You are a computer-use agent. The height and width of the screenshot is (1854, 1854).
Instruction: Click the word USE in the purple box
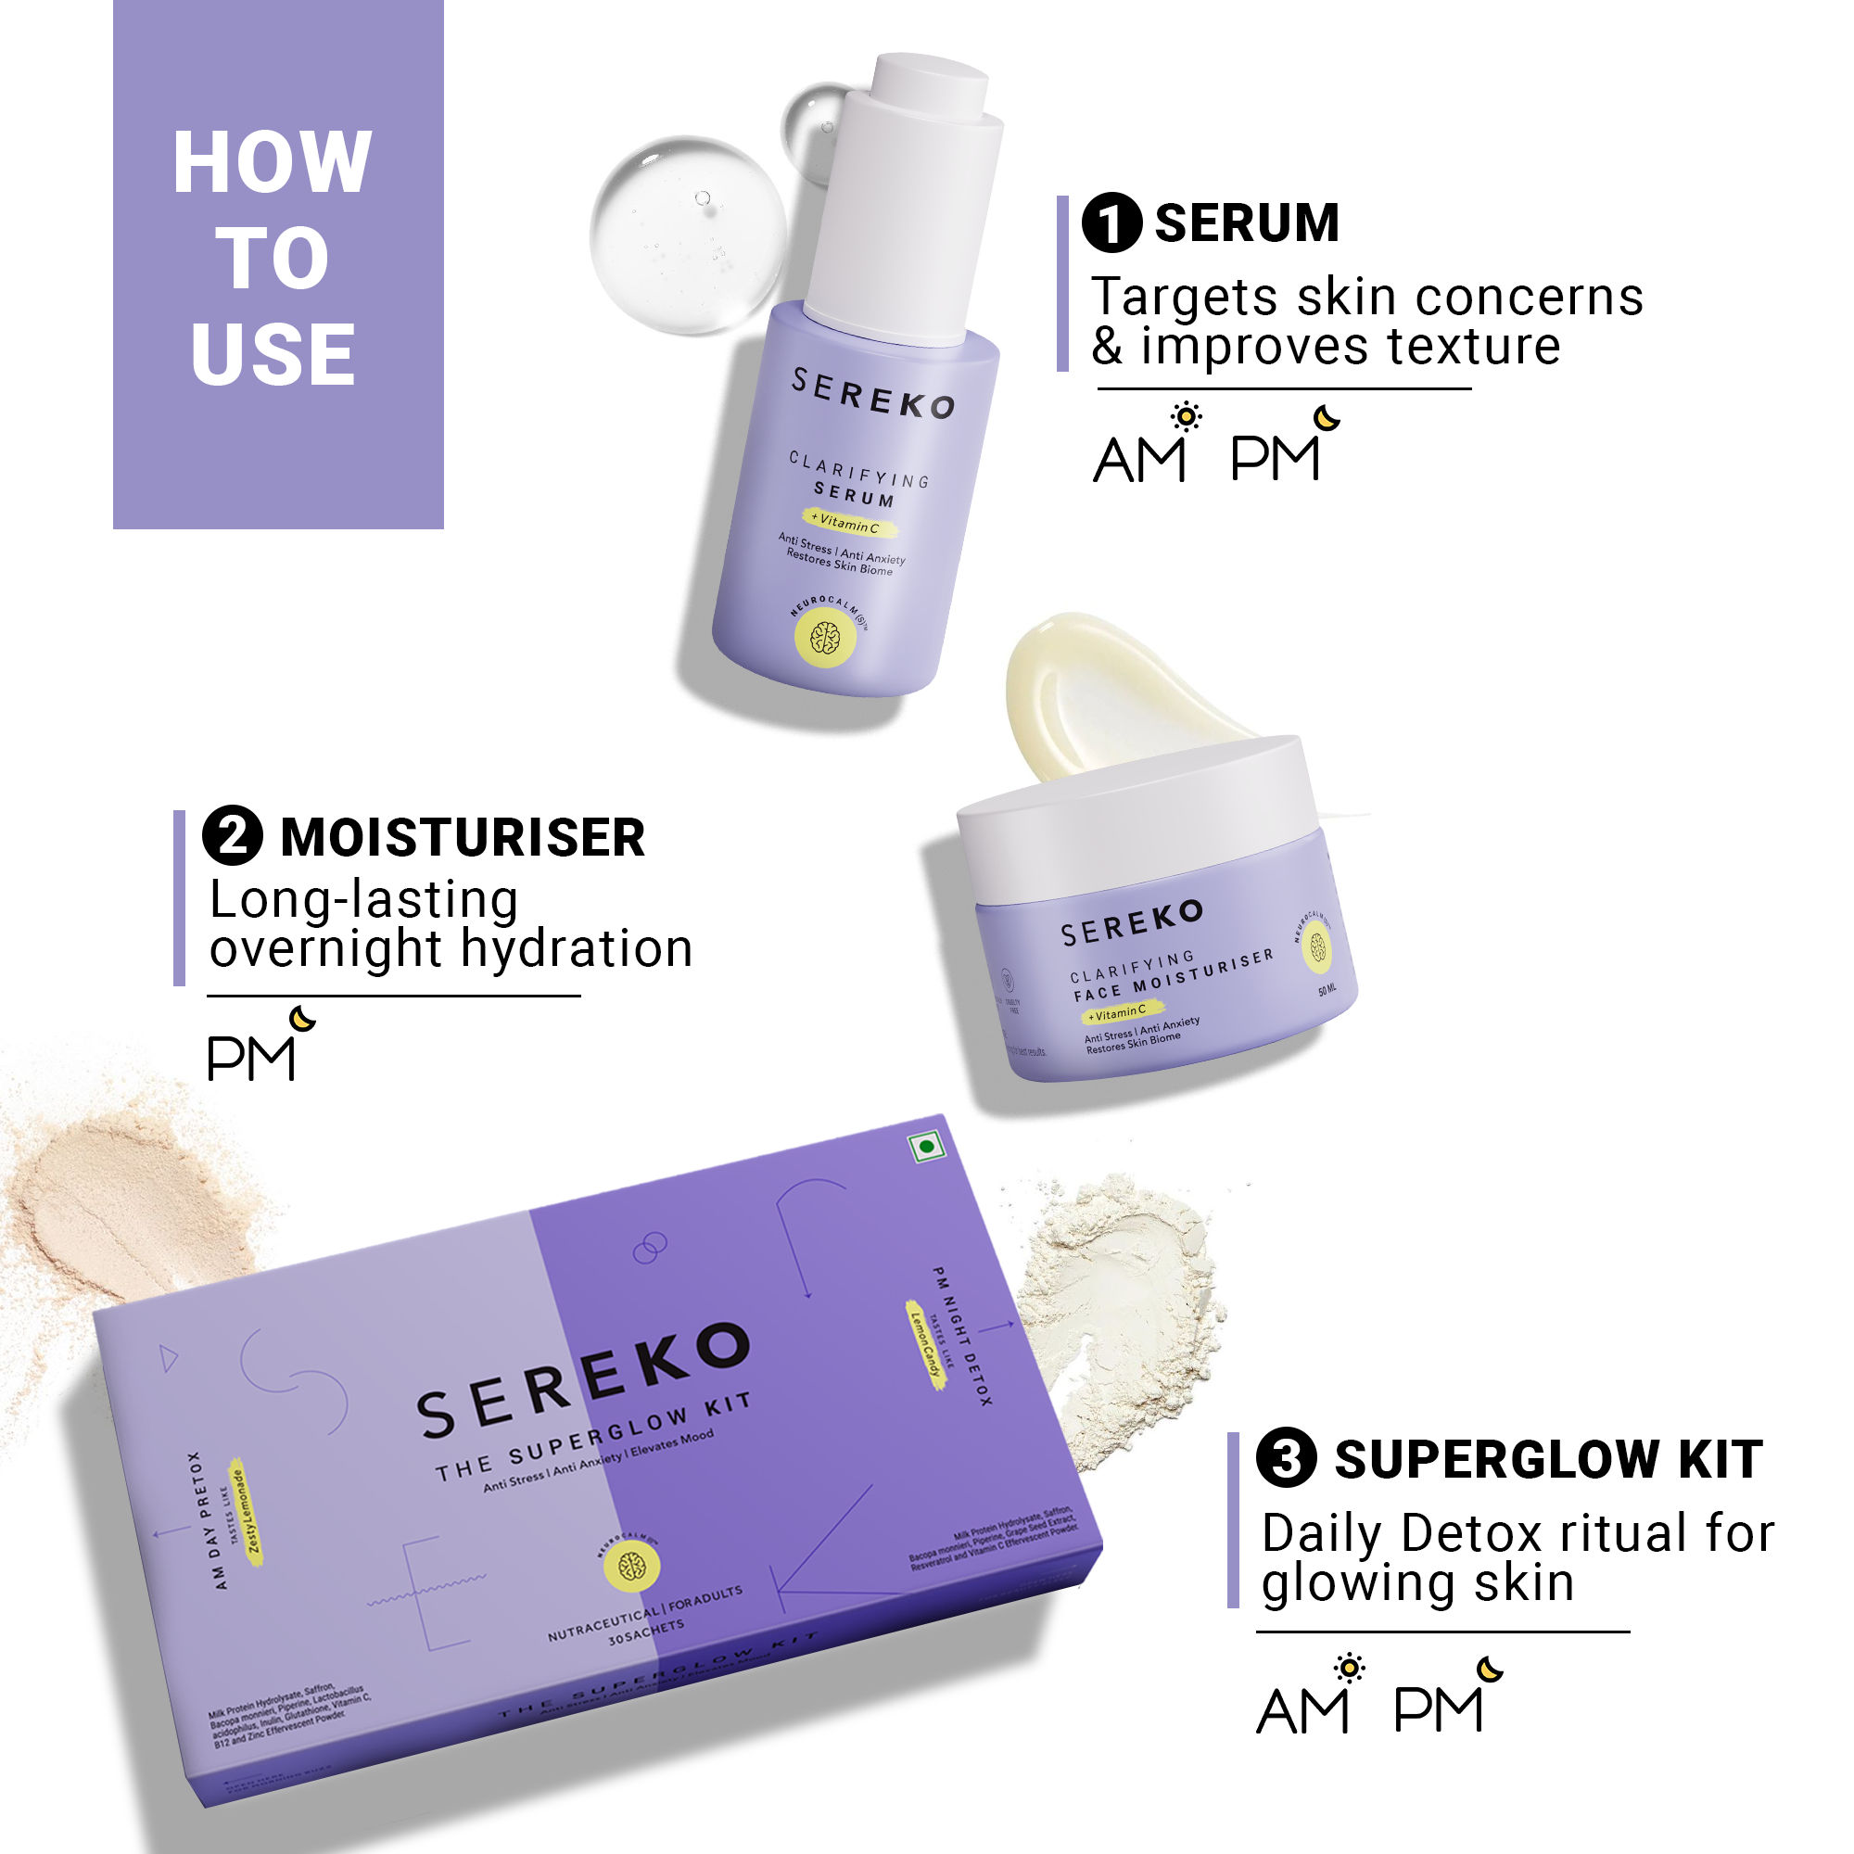(x=273, y=354)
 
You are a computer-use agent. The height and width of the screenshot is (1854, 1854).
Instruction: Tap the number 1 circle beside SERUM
(x=1111, y=222)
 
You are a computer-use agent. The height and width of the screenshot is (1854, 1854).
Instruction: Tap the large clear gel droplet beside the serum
(x=687, y=235)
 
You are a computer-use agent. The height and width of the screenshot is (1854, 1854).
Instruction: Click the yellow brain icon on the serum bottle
(x=825, y=637)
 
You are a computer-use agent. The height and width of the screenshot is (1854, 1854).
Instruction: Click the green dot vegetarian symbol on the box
(x=927, y=1146)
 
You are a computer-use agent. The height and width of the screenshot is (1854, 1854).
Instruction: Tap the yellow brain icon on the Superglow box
(x=631, y=1567)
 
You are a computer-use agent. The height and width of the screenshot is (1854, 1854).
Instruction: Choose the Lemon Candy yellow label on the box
(x=926, y=1344)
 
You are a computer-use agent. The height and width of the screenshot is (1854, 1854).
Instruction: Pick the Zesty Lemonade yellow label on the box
(x=245, y=1512)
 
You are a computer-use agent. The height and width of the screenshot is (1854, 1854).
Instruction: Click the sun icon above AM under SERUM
(x=1187, y=416)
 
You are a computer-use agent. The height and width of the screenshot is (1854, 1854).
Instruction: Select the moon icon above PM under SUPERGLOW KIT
(x=1489, y=1670)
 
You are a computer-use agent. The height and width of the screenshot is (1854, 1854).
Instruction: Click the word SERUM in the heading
(x=1247, y=222)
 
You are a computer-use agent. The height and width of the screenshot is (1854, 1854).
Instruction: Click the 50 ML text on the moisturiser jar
(x=1327, y=989)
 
